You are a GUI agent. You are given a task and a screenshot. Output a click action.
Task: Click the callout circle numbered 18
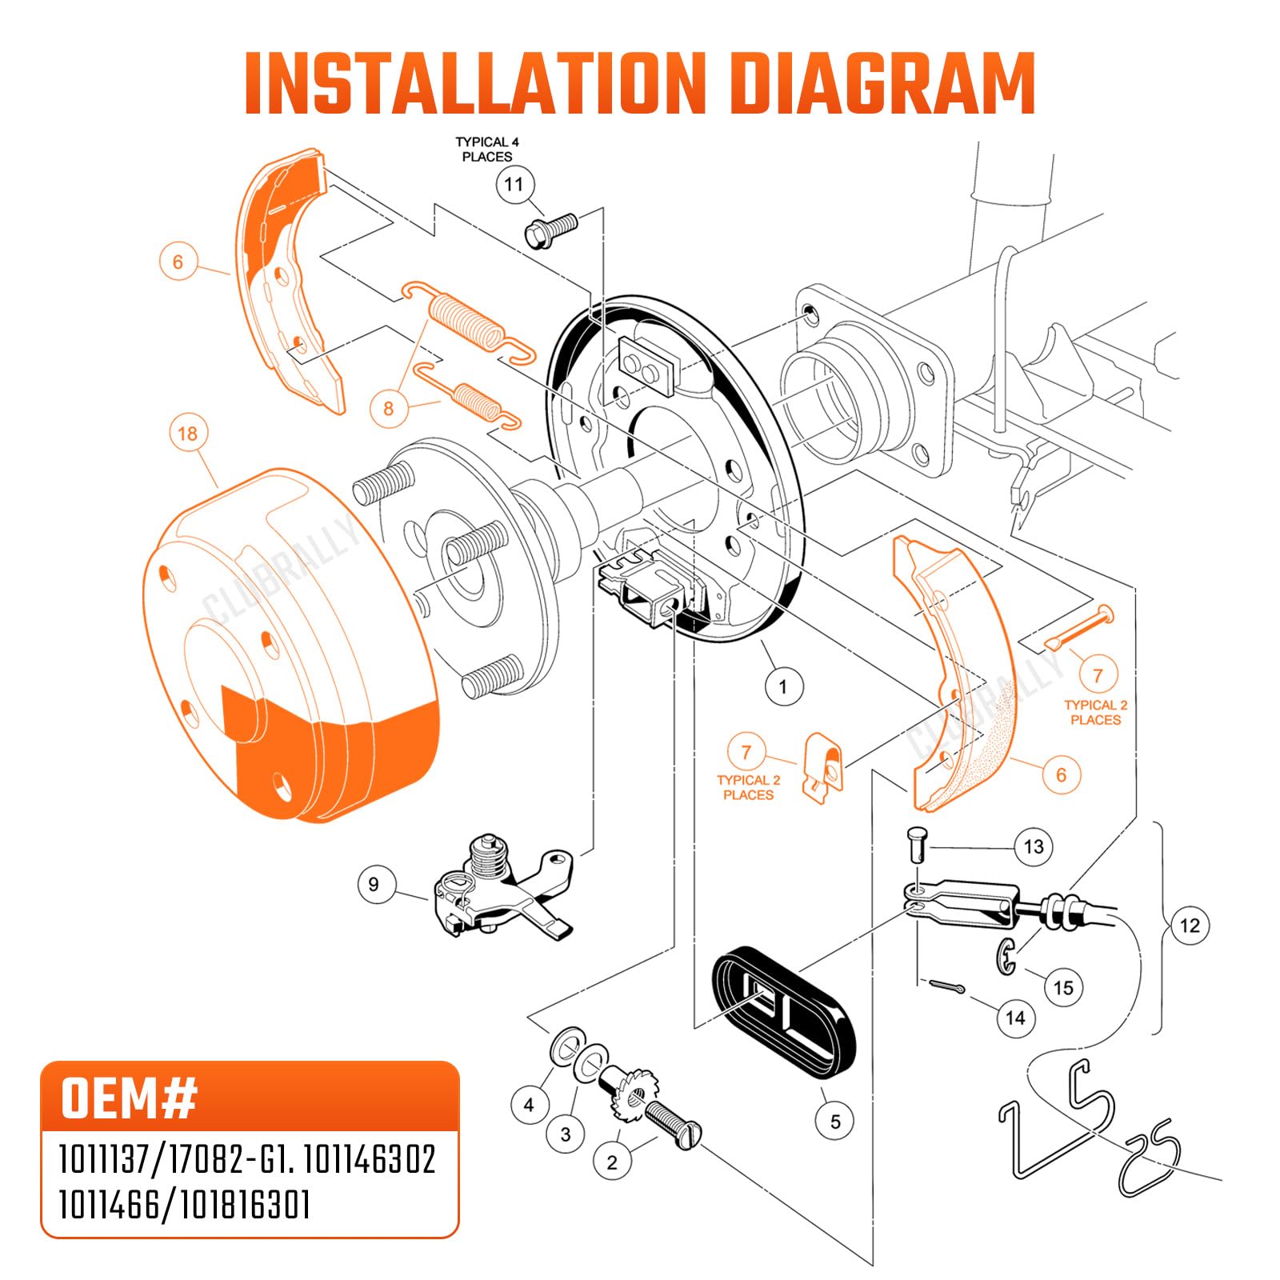[x=187, y=434]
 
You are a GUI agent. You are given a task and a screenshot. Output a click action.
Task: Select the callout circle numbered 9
[x=374, y=885]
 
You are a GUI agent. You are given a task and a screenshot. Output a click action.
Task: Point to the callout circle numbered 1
[x=783, y=686]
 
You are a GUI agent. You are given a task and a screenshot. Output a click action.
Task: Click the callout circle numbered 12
[x=1190, y=926]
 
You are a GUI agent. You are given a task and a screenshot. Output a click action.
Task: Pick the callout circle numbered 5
[x=835, y=1121]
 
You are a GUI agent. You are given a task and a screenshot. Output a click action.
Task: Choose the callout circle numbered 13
[x=1034, y=846]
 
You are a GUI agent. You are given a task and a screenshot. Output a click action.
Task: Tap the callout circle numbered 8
[x=389, y=409]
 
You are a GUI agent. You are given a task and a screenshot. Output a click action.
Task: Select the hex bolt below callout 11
[x=550, y=229]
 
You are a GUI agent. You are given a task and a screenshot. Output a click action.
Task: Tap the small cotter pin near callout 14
[x=946, y=986]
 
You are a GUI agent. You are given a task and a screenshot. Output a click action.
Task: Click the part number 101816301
[x=245, y=1204]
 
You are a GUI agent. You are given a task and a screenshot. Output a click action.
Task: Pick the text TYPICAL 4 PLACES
[x=487, y=150]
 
